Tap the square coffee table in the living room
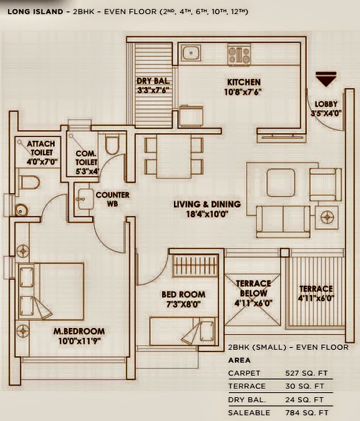point(281,179)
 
